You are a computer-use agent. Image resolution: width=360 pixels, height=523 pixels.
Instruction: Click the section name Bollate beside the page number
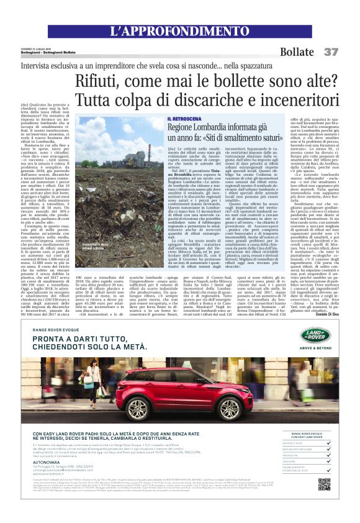297,52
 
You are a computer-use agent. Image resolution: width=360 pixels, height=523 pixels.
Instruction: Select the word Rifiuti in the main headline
99,80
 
